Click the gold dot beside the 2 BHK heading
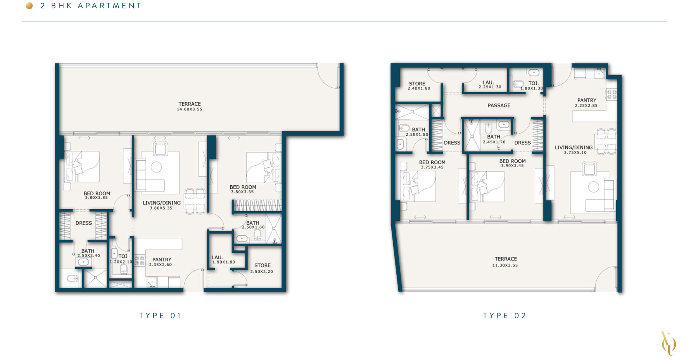(x=29, y=6)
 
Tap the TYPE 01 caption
(x=160, y=315)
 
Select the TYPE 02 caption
(x=504, y=315)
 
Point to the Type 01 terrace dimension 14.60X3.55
(x=189, y=109)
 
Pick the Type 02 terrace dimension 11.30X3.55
(x=505, y=265)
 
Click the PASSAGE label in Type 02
(x=499, y=105)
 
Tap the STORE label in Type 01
(x=262, y=265)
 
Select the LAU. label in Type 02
(x=488, y=83)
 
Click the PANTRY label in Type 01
(x=162, y=260)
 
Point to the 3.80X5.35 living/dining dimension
(x=161, y=208)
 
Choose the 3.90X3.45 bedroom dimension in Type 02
(x=512, y=166)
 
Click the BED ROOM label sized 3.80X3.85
(x=97, y=193)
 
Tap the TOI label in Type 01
(x=123, y=256)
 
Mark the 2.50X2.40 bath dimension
(x=88, y=256)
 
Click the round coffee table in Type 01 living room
(x=156, y=167)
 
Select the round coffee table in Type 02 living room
(x=593, y=187)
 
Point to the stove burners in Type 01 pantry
(x=140, y=261)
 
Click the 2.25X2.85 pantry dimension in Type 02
(x=586, y=105)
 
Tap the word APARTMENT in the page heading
(x=109, y=6)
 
